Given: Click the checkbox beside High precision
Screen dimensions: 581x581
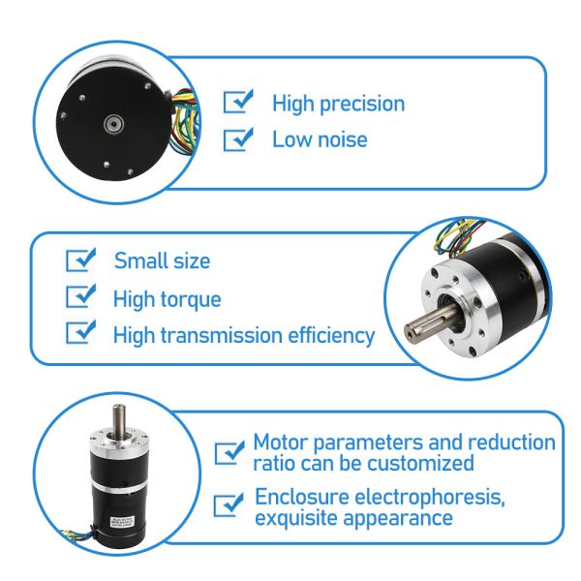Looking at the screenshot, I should [237, 103].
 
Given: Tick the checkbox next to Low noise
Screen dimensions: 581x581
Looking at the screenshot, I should [237, 139].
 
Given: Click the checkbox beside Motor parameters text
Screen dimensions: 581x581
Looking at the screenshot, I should [229, 452].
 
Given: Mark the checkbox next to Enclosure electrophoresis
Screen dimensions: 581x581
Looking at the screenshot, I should [229, 505].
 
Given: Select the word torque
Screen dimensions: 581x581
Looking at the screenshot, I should [190, 299].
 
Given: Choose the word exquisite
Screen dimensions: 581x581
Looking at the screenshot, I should [297, 518].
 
